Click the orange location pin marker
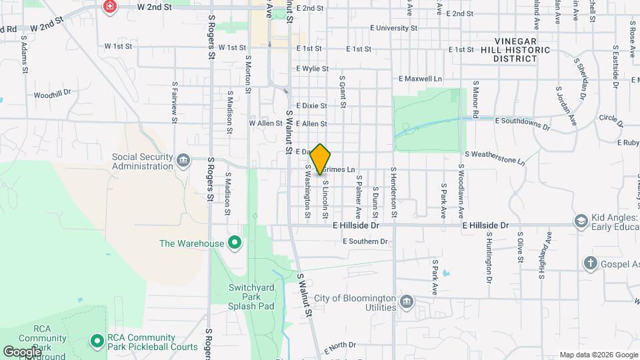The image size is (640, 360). click(x=321, y=158)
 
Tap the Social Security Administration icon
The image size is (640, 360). click(x=183, y=160)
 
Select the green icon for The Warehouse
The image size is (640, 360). click(x=234, y=243)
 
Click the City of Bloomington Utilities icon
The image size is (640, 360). click(x=406, y=303)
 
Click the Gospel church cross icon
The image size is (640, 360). click(x=590, y=263)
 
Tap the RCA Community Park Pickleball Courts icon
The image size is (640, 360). click(x=97, y=341)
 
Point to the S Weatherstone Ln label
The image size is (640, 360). click(x=495, y=157)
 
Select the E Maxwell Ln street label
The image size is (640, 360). click(x=420, y=79)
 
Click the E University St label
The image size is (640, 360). click(x=393, y=29)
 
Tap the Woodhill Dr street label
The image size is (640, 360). click(x=52, y=94)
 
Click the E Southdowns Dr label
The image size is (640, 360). click(x=523, y=123)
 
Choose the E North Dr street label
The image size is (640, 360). click(x=340, y=347)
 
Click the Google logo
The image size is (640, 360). click(x=23, y=351)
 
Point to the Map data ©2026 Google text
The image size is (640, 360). click(x=598, y=355)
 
